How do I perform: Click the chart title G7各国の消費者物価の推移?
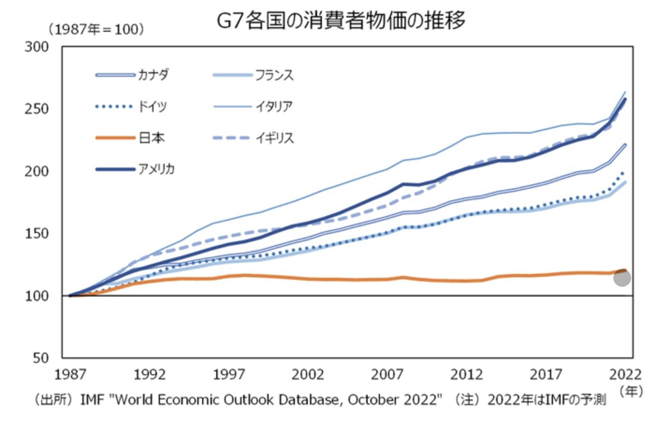[x=341, y=21]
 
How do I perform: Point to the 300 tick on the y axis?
[x=36, y=47]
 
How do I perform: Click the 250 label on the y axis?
[x=36, y=109]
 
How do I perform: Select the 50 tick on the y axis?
[x=41, y=358]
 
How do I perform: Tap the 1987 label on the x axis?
[x=70, y=375]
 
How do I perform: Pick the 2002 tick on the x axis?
[x=308, y=375]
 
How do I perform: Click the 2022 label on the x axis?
[x=625, y=375]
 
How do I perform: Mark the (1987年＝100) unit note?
[x=96, y=29]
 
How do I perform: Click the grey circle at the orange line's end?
[x=622, y=278]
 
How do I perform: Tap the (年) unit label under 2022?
[x=631, y=391]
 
